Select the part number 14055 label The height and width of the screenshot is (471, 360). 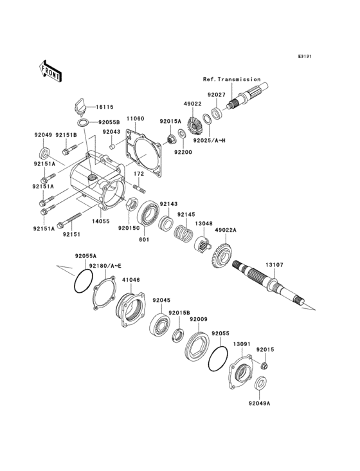pos(100,220)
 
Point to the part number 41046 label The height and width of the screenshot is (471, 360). pos(130,280)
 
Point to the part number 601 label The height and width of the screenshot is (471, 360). pos(144,241)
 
